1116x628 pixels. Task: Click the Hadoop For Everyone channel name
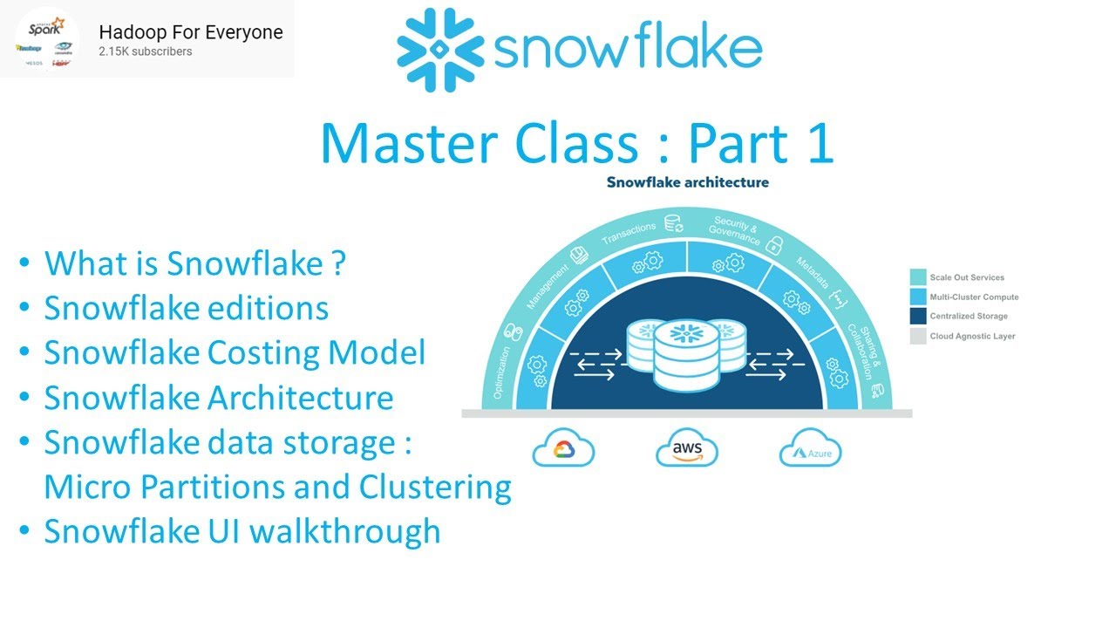pyautogui.click(x=191, y=32)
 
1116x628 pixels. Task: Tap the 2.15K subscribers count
pyautogui.click(x=146, y=51)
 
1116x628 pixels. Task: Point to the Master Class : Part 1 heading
pyautogui.click(x=576, y=144)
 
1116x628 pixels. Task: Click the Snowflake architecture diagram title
pyautogui.click(x=687, y=182)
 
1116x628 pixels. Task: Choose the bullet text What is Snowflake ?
pyautogui.click(x=195, y=263)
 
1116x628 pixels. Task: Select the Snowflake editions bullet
pyautogui.click(x=187, y=308)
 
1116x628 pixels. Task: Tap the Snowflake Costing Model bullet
pyautogui.click(x=235, y=352)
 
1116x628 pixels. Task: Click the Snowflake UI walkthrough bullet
pyautogui.click(x=242, y=530)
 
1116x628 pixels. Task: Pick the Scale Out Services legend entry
pyautogui.click(x=966, y=277)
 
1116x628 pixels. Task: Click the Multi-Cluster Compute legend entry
pyautogui.click(x=973, y=297)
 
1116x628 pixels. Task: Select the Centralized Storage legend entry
pyautogui.click(x=968, y=316)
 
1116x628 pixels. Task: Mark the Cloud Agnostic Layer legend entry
pyautogui.click(x=971, y=336)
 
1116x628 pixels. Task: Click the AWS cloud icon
pyautogui.click(x=686, y=448)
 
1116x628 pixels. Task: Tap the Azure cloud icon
pyautogui.click(x=809, y=448)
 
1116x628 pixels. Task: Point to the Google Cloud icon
pyautogui.click(x=563, y=448)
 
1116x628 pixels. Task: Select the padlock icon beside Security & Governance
pyautogui.click(x=772, y=247)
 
